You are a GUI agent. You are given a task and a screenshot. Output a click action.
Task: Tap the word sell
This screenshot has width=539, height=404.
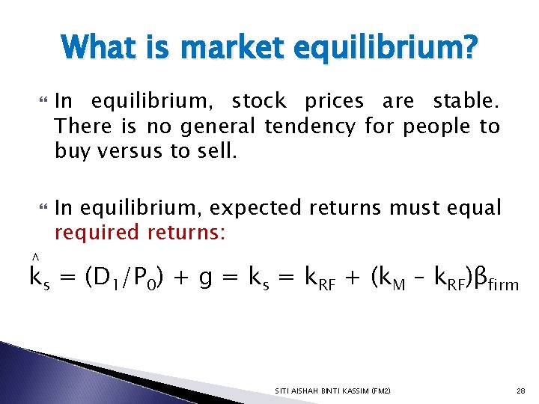point(213,153)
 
